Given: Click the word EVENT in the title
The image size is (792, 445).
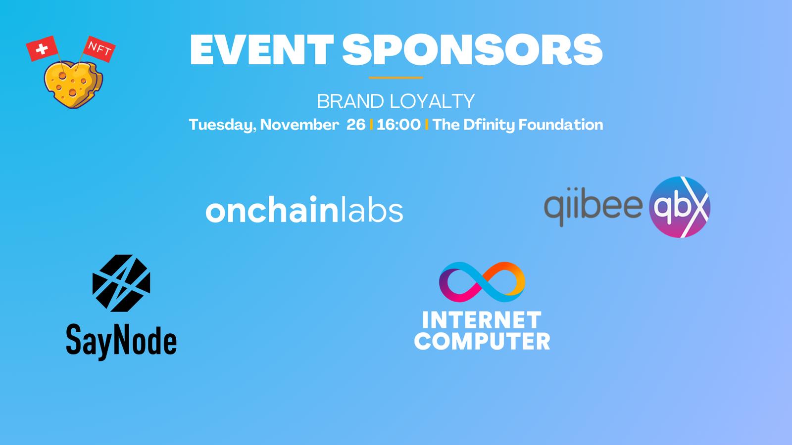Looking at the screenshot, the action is point(262,50).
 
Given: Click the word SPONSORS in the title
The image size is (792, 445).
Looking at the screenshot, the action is point(472,50).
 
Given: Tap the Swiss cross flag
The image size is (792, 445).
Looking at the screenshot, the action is point(42,48).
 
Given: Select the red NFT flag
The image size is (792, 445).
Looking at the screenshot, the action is point(99,49).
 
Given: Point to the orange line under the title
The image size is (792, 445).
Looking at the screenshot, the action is point(396,78).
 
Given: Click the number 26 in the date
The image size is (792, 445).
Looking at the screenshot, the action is point(356,125).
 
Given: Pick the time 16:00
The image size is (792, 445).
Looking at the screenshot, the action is point(398,125).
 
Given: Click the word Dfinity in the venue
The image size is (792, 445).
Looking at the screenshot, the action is point(489,125).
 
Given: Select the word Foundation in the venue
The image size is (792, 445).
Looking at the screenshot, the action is point(560,125).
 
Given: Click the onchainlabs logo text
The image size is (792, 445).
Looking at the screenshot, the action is point(304,210).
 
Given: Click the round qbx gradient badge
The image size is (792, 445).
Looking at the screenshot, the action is point(679,207).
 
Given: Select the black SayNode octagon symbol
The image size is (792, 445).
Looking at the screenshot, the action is point(121,283).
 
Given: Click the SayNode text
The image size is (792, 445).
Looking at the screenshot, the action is point(121,341).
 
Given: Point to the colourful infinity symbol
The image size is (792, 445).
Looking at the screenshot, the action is point(482,282).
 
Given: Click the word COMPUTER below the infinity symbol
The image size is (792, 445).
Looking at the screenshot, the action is point(482,341).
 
